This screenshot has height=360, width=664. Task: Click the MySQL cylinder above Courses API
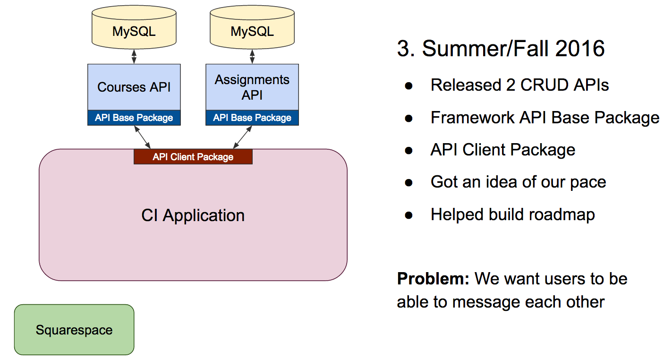pyautogui.click(x=134, y=27)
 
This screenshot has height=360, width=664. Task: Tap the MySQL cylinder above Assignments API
pyautogui.click(x=252, y=27)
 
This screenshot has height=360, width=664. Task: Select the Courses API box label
pyautogui.click(x=134, y=87)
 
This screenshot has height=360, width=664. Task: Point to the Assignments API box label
pyautogui.click(x=252, y=87)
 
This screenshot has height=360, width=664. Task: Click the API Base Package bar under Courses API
pyautogui.click(x=134, y=118)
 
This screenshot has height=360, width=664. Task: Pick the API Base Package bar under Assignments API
pyautogui.click(x=252, y=118)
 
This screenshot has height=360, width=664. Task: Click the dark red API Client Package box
pyautogui.click(x=193, y=156)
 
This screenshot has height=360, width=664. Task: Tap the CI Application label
pyautogui.click(x=193, y=215)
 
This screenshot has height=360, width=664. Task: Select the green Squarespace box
pyautogui.click(x=74, y=330)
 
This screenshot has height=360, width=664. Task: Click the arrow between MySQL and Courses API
pyautogui.click(x=134, y=57)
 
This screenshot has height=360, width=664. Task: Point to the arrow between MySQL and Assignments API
pyautogui.click(x=252, y=57)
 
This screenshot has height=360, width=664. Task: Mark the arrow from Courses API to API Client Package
pyautogui.click(x=142, y=137)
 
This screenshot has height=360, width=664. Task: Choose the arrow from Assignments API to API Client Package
pyautogui.click(x=242, y=137)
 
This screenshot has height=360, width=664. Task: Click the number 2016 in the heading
pyautogui.click(x=580, y=49)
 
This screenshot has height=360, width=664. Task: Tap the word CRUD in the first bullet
pyautogui.click(x=544, y=85)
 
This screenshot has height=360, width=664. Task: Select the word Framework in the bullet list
pyautogui.click(x=473, y=118)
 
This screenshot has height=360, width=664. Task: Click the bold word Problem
pyautogui.click(x=433, y=279)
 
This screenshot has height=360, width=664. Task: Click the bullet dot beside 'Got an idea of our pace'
pyautogui.click(x=409, y=182)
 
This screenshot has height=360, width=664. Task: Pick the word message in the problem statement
pyautogui.click(x=486, y=302)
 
